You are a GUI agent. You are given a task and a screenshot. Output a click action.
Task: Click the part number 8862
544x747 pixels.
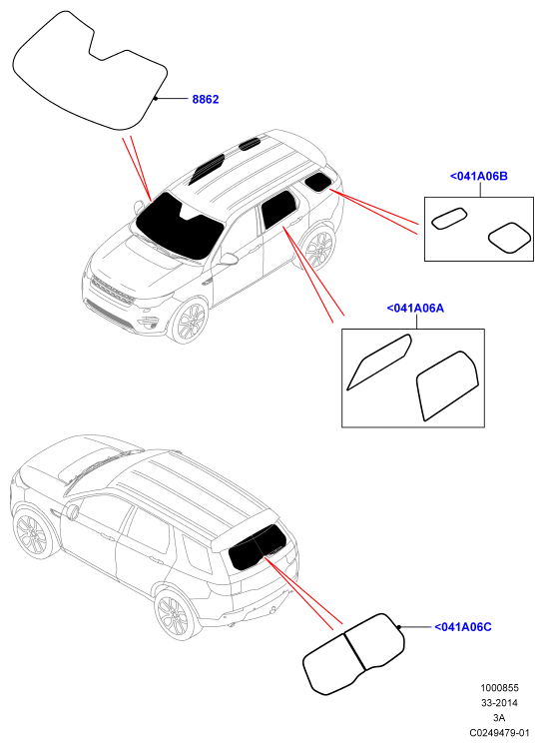pyautogui.click(x=206, y=100)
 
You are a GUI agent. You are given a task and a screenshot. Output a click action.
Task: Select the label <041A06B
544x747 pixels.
pyautogui.click(x=479, y=177)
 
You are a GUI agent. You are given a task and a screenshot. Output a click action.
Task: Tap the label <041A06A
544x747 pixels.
pyautogui.click(x=415, y=309)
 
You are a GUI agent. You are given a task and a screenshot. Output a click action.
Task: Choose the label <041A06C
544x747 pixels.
pyautogui.click(x=462, y=627)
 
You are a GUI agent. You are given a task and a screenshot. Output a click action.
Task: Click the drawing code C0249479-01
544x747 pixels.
pyautogui.click(x=500, y=732)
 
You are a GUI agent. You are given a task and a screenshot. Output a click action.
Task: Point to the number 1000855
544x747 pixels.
pyautogui.click(x=499, y=688)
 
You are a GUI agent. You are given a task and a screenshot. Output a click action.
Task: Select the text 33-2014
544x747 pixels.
pyautogui.click(x=499, y=703)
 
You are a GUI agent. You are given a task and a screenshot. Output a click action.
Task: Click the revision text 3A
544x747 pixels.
pyautogui.click(x=499, y=717)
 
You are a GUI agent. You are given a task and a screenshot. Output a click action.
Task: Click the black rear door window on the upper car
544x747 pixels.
pyautogui.click(x=279, y=209)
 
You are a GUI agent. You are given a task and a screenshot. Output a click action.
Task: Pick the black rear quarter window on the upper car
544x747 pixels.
pyautogui.click(x=317, y=182)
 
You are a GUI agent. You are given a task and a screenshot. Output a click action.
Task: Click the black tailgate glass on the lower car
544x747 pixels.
pyautogui.click(x=258, y=547)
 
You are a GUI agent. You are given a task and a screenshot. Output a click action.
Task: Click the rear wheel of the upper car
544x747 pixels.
pyautogui.click(x=320, y=248)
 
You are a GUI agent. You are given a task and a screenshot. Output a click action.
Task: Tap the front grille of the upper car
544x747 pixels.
pyautogui.click(x=113, y=291)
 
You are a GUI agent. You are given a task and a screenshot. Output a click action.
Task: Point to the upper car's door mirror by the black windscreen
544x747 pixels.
pyautogui.click(x=139, y=207)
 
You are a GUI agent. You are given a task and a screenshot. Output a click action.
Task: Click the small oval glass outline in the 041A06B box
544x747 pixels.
pyautogui.click(x=449, y=218)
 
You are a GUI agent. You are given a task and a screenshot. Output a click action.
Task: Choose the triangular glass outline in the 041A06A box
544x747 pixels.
pyautogui.click(x=379, y=362)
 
